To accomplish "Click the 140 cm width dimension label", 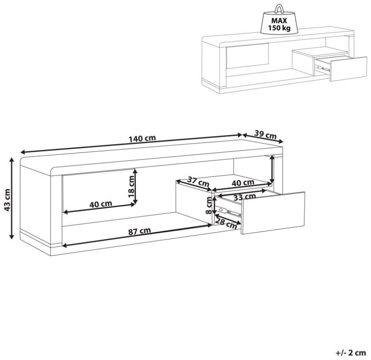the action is pyautogui.click(x=142, y=139).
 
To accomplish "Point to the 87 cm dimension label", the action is pyautogui.click(x=140, y=231).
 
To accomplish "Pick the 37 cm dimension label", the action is pyautogui.click(x=198, y=182).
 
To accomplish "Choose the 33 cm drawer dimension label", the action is pyautogui.click(x=244, y=197).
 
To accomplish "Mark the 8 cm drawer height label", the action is pyautogui.click(x=208, y=205).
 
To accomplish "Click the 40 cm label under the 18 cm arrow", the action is pyautogui.click(x=101, y=204).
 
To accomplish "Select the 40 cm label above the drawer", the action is pyautogui.click(x=243, y=182).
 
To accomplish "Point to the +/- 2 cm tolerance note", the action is pyautogui.click(x=351, y=353).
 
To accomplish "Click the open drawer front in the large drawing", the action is pyautogui.click(x=273, y=213).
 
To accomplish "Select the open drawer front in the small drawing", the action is pyautogui.click(x=349, y=69).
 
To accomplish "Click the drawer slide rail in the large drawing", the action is pyautogui.click(x=230, y=212).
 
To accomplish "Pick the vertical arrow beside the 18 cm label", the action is pyautogui.click(x=135, y=187).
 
